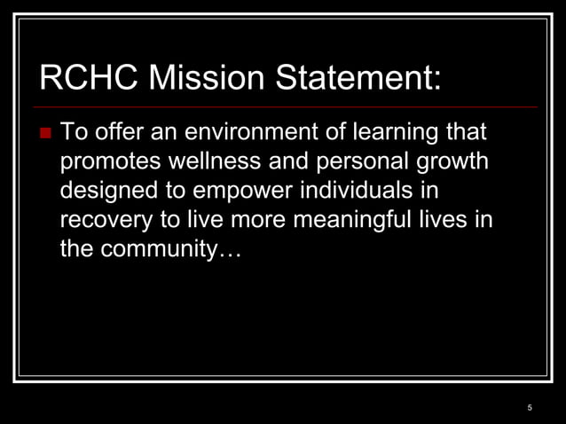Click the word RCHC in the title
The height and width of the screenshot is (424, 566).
(88, 80)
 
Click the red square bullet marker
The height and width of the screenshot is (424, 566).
(46, 135)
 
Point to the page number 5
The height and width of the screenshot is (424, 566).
(530, 407)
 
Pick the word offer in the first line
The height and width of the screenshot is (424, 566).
(119, 134)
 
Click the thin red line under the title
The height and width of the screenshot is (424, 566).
(284, 107)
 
